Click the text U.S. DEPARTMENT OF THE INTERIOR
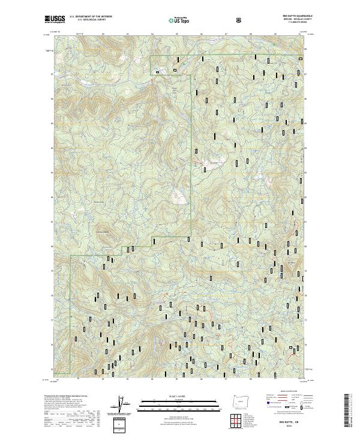(90, 17)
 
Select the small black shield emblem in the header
(240, 20)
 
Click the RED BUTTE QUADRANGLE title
(289, 17)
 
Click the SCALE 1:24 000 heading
(178, 395)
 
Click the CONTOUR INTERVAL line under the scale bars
(178, 415)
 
